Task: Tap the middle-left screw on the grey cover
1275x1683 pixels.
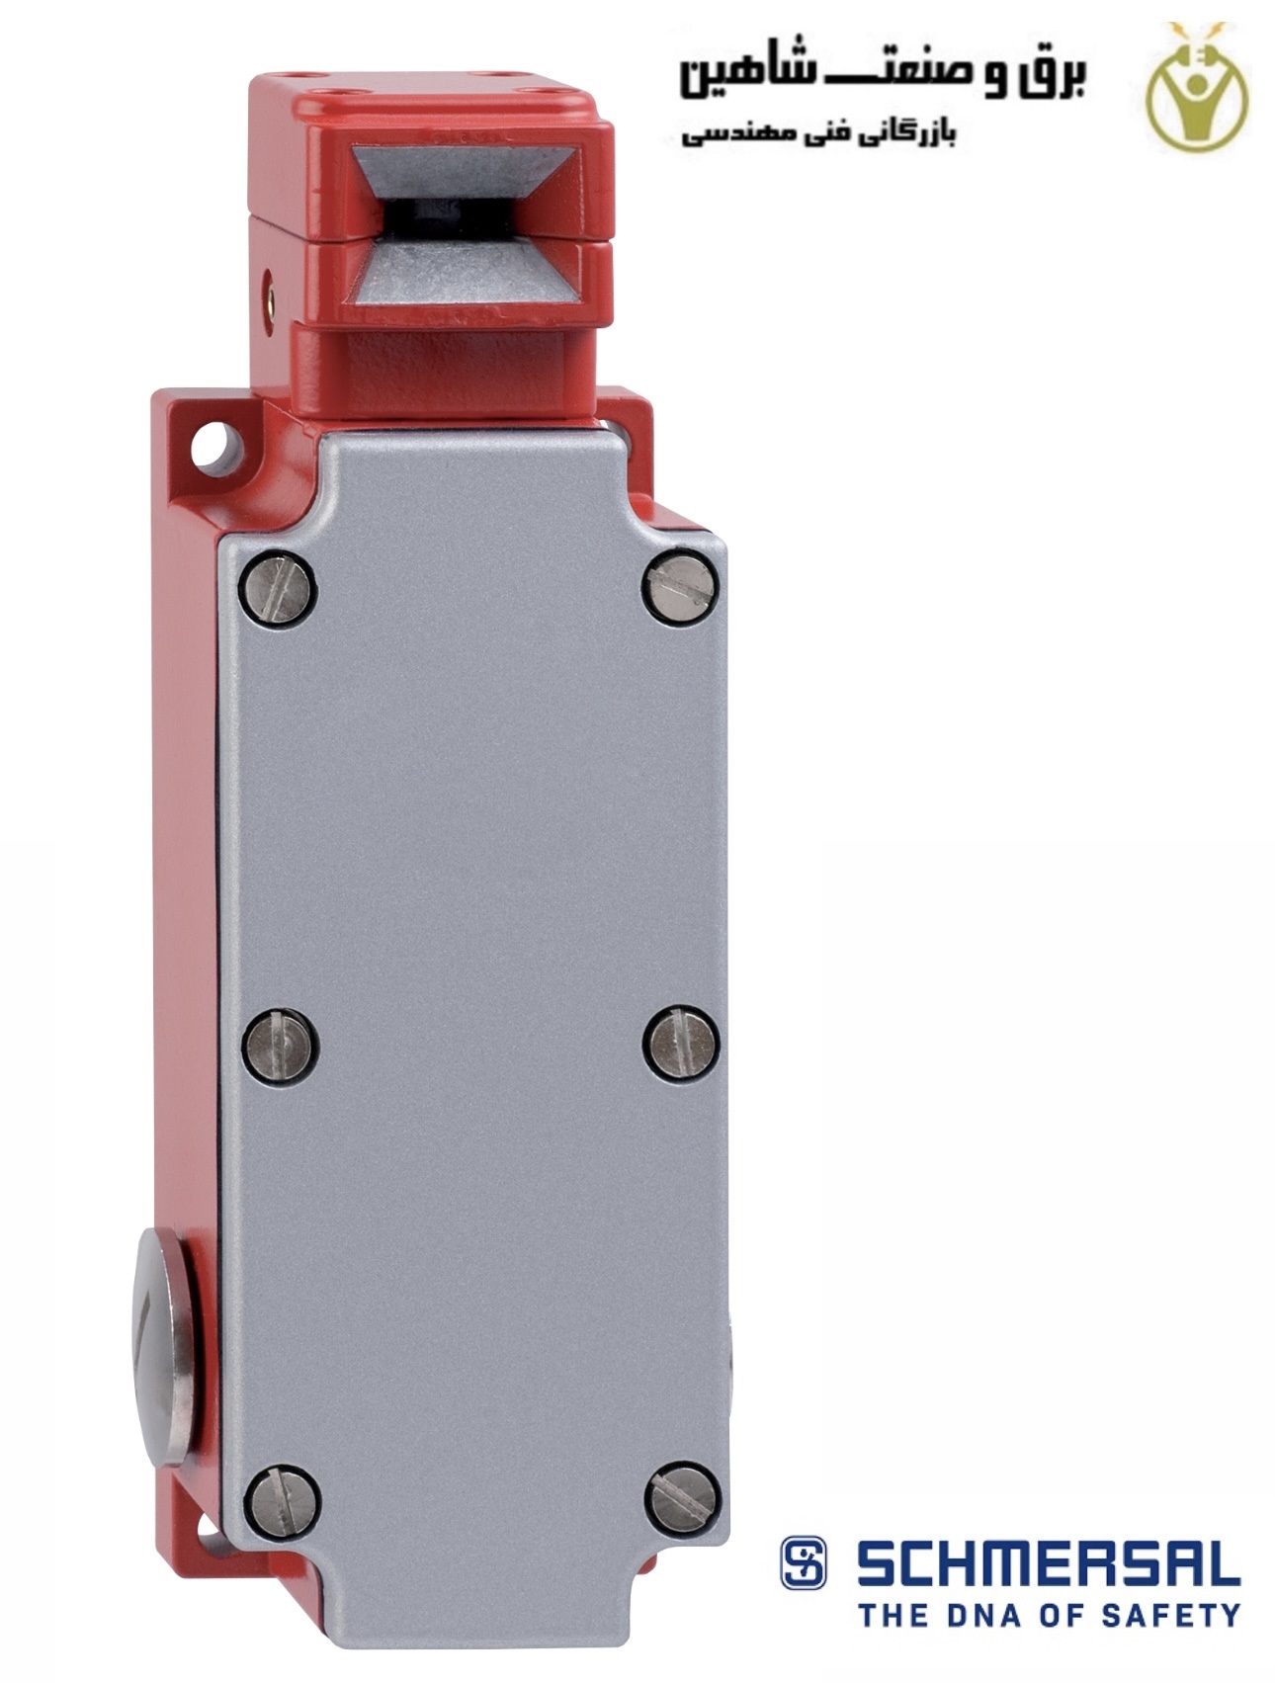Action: click(x=280, y=1045)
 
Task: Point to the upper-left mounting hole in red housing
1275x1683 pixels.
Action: click(x=218, y=445)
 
